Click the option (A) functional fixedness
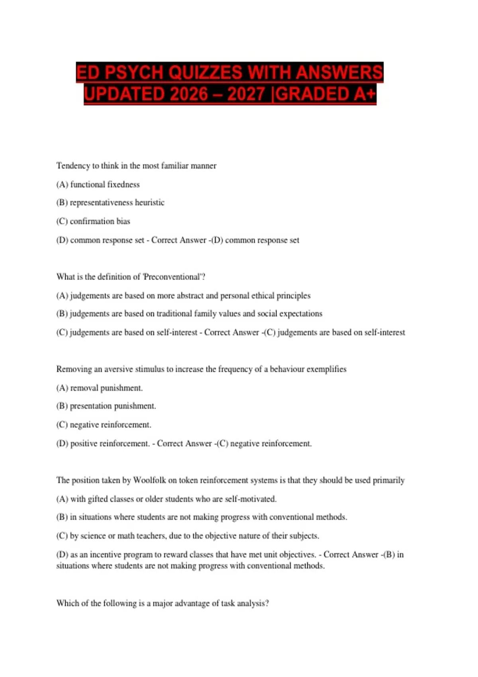pyautogui.click(x=98, y=184)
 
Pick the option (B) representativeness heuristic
pyautogui.click(x=110, y=202)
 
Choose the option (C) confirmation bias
pyautogui.click(x=93, y=221)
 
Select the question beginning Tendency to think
pyautogui.click(x=136, y=166)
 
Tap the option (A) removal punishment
pyautogui.click(x=100, y=388)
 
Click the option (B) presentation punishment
pyautogui.click(x=106, y=406)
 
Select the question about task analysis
pyautogui.click(x=163, y=603)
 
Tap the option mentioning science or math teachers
pyautogui.click(x=188, y=536)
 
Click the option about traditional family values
pyautogui.click(x=189, y=314)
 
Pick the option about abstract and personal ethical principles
pyautogui.click(x=183, y=295)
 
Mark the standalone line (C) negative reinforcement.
pyautogui.click(x=104, y=425)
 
